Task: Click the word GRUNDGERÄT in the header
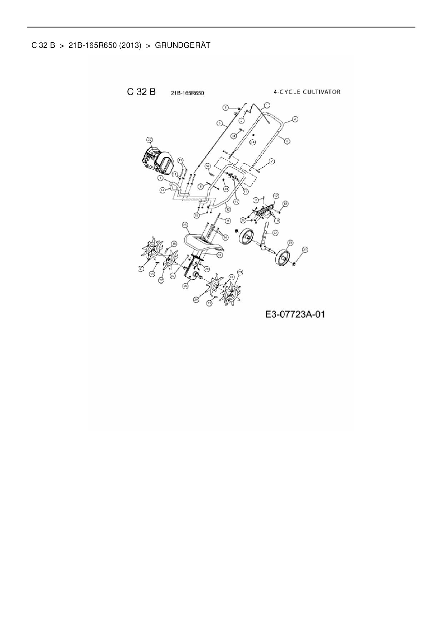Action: point(183,45)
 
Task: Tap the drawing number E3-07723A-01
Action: point(295,314)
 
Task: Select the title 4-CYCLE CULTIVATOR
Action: point(307,92)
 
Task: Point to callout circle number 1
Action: point(267,105)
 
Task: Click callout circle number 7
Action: point(272,161)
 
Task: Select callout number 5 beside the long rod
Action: point(219,123)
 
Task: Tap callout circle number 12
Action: point(228,209)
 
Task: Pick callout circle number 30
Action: point(141,268)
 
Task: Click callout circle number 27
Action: point(161,281)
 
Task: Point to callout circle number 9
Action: point(228,221)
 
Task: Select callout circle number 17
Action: point(275,196)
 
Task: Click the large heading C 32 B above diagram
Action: point(141,92)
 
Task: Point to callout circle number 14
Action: point(163,190)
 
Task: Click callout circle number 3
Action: point(226,107)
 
